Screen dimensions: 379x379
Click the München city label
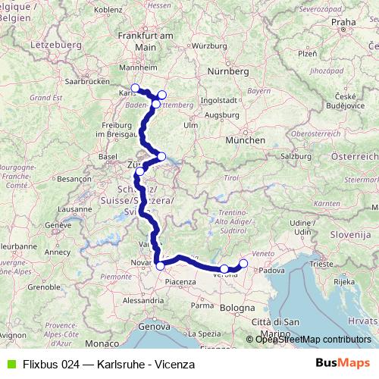tap(249, 140)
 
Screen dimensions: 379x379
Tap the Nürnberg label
tap(228, 71)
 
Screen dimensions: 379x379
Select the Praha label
tap(343, 23)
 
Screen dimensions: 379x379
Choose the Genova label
tap(154, 327)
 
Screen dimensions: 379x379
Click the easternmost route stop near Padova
tap(243, 264)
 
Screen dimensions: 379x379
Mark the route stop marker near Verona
tap(224, 269)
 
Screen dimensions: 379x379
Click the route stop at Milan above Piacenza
tap(160, 265)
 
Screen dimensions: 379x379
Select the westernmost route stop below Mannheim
tap(135, 88)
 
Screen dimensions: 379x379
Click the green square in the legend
tap(9, 364)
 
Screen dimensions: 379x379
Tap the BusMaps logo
tap(342, 364)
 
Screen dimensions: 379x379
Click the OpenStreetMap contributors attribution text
tap(313, 340)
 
